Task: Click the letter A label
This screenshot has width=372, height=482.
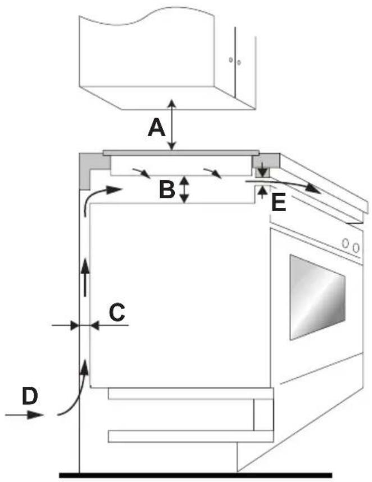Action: pyautogui.click(x=156, y=128)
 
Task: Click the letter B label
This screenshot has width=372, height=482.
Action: pyautogui.click(x=167, y=189)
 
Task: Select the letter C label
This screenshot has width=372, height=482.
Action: pyautogui.click(x=117, y=313)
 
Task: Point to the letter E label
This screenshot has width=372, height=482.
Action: pyautogui.click(x=279, y=203)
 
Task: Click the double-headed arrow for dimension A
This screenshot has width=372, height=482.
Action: pyautogui.click(x=172, y=125)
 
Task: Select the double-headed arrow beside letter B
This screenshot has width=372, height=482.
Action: pyautogui.click(x=184, y=189)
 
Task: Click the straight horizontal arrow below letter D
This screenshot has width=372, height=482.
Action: pyautogui.click(x=24, y=415)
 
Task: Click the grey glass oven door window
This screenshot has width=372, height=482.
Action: pyautogui.click(x=317, y=297)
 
